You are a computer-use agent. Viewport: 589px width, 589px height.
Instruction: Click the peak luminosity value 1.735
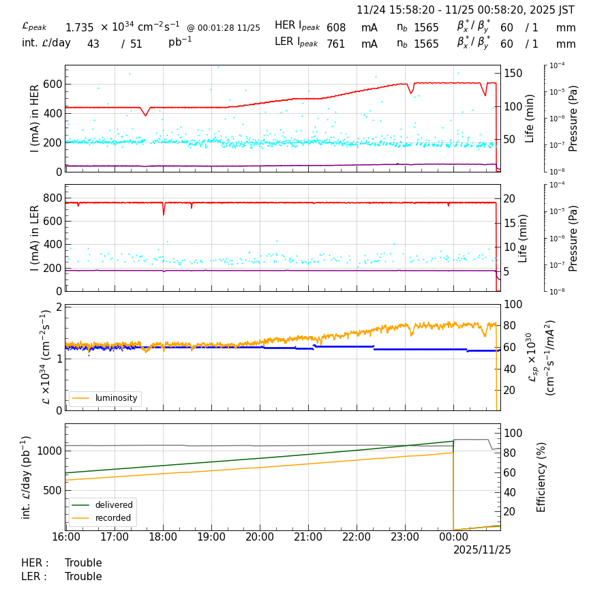80,28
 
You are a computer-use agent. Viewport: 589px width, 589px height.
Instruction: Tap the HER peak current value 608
336,28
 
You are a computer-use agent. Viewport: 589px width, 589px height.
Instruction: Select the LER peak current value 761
336,44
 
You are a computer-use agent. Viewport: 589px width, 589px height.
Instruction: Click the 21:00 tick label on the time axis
308,537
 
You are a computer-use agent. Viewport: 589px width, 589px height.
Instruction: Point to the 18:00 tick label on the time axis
163,537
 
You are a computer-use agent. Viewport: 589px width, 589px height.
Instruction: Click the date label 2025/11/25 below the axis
482,549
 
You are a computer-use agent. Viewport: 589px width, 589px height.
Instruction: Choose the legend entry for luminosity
116,398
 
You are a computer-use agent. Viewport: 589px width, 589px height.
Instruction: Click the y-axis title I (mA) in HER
35,119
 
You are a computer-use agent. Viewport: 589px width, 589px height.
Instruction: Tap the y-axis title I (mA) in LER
35,238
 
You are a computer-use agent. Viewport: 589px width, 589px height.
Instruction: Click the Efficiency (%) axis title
542,477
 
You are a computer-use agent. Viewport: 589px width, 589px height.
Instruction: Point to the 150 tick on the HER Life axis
513,74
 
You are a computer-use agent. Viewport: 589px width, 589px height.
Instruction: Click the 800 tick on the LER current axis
53,198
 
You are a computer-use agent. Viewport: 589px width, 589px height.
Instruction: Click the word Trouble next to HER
83,563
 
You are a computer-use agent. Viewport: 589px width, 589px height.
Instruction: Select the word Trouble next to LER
83,577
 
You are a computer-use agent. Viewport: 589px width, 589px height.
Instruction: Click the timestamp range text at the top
466,10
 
